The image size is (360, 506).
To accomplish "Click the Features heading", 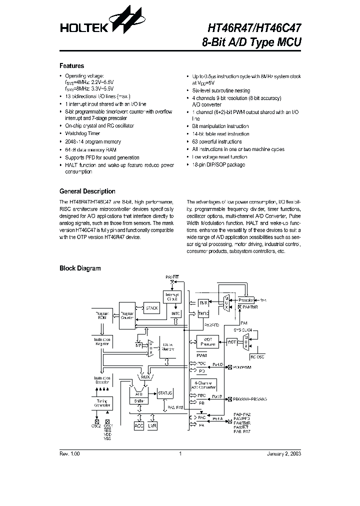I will pos(71,66).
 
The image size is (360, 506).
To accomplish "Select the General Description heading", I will pos(87,191).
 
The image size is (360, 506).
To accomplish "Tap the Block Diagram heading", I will pos(80,268).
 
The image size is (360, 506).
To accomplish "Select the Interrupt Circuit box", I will pos(171,297).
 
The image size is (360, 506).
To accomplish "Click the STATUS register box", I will pos(165,393).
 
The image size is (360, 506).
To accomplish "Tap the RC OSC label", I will pos(257,357).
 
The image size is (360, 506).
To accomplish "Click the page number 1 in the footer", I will pos(179,454).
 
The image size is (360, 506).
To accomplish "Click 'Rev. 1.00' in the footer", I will pos(69,454).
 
